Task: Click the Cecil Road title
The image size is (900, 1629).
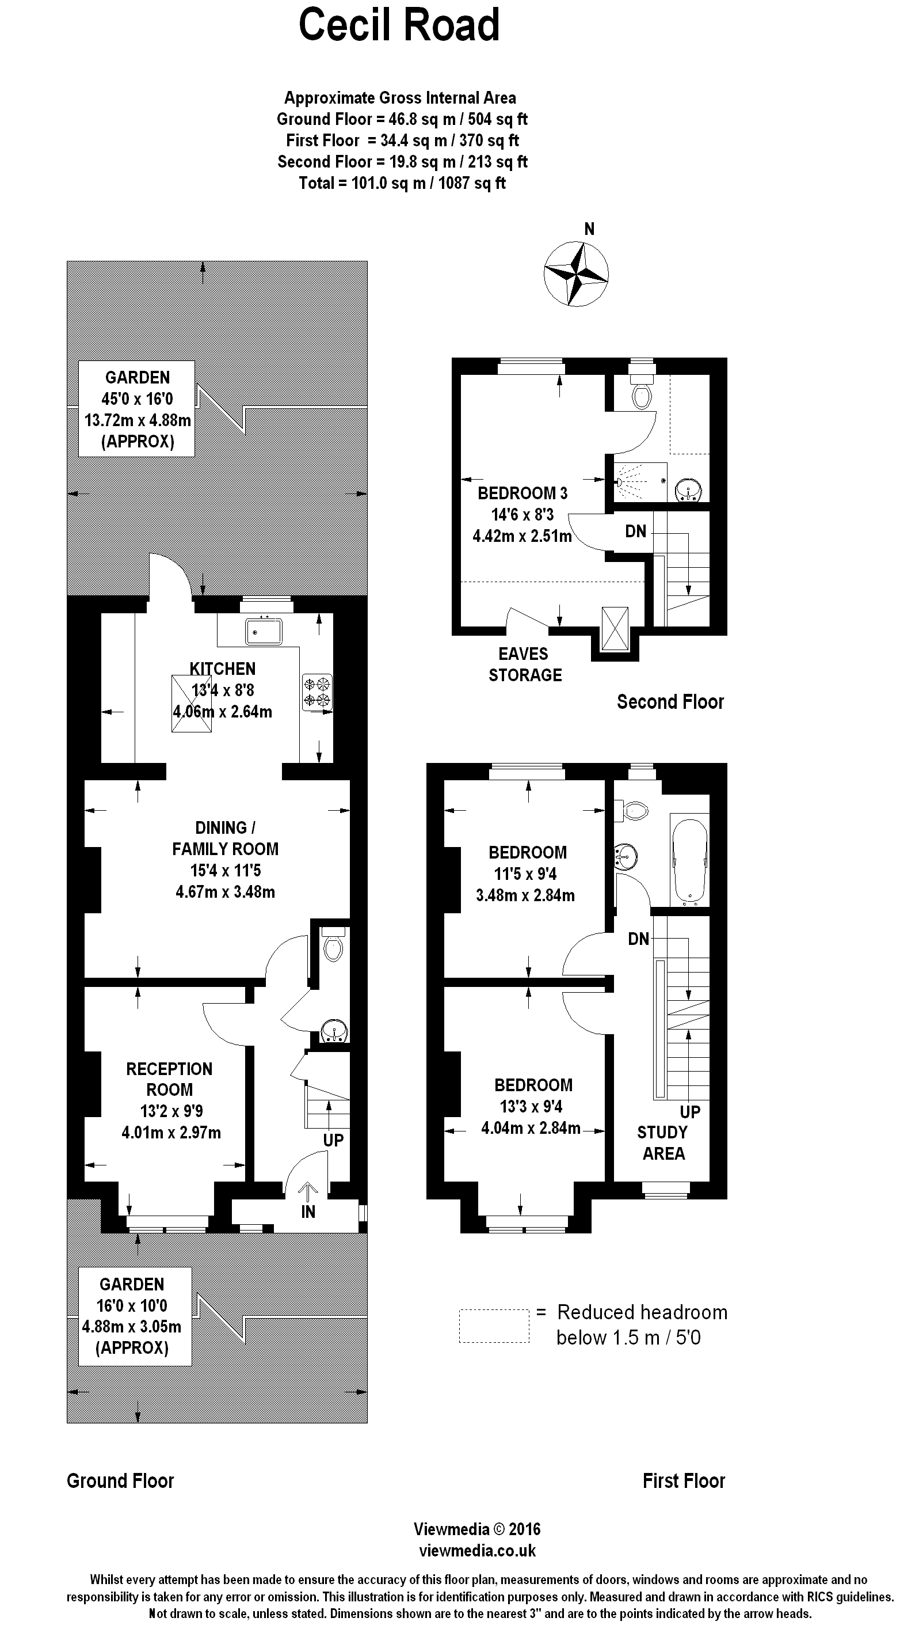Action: [x=399, y=26]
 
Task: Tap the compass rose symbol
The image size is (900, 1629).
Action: [x=576, y=274]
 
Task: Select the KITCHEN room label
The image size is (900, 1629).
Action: [x=223, y=669]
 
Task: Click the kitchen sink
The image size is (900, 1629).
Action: [x=264, y=631]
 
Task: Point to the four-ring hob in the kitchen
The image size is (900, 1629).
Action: [x=317, y=692]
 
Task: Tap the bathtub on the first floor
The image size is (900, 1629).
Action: [x=689, y=860]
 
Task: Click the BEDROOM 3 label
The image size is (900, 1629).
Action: [x=522, y=493]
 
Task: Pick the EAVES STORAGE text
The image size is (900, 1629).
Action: [x=525, y=664]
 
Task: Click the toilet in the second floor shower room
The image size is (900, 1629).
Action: [x=642, y=395]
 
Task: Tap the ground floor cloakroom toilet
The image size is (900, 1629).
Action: [x=333, y=946]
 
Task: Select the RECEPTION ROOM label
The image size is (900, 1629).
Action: [x=169, y=1079]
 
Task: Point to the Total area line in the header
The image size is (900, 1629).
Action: [x=402, y=183]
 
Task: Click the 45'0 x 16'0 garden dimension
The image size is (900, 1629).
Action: [x=137, y=398]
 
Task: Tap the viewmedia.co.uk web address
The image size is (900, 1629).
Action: [x=477, y=1550]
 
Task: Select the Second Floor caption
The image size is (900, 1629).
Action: [x=670, y=701]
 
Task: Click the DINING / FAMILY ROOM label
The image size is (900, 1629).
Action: [x=225, y=838]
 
